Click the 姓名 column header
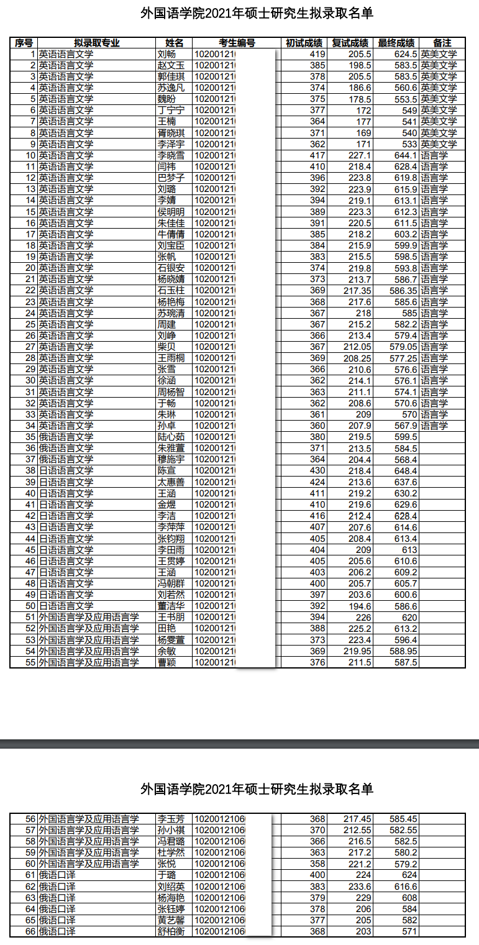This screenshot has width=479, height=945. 175,43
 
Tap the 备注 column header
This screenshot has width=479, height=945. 442,43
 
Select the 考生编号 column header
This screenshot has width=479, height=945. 237,43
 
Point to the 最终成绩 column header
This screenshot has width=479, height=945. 396,43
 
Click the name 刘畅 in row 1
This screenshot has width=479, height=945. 167,54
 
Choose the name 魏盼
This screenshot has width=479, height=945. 167,99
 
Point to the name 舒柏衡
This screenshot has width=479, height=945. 171,931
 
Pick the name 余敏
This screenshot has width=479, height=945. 167,651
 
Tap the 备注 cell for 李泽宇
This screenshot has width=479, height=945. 439,144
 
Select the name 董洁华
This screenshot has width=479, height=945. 171,606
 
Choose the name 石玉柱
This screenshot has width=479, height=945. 171,290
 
